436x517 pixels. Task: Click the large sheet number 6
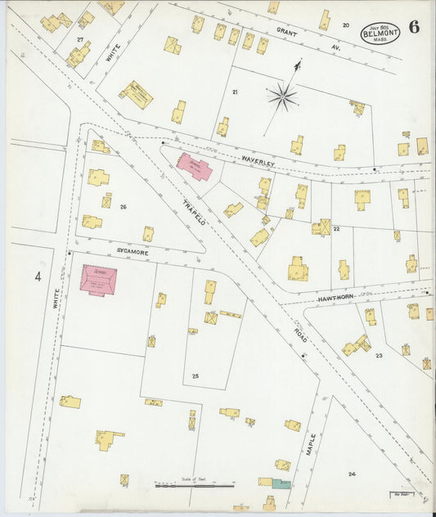coord(415,26)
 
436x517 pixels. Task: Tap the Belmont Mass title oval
coord(382,32)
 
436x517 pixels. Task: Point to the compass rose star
coord(282,97)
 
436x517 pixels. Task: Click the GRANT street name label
coord(285,32)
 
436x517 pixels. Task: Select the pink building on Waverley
coord(195,166)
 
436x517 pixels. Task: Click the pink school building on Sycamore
coord(98,279)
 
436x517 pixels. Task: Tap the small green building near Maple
coord(281,484)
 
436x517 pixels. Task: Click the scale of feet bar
coord(195,488)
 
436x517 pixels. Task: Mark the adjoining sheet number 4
coord(37,276)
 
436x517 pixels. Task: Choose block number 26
coord(124,207)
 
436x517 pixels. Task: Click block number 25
coord(195,375)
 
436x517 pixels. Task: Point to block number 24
coord(352,474)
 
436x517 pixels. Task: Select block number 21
coord(234,92)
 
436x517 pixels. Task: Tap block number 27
coord(79,38)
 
